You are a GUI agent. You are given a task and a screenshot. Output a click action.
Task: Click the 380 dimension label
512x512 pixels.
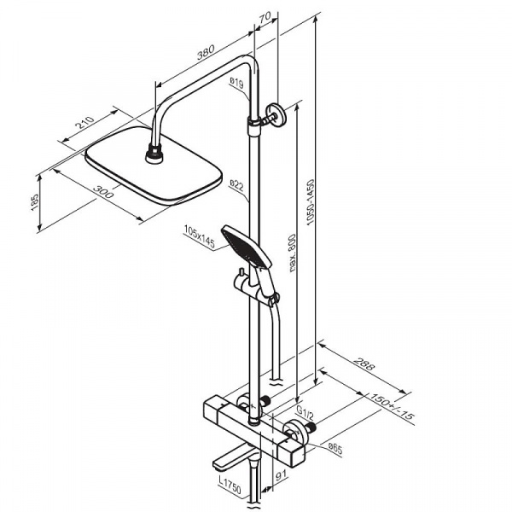[206, 53]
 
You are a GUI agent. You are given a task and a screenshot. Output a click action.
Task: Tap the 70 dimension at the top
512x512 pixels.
[265, 17]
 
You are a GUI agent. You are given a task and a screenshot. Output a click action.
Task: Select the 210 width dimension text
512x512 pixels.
[84, 123]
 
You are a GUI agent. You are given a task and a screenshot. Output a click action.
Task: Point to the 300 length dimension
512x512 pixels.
[103, 192]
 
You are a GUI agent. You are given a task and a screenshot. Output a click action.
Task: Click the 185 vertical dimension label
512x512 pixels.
[35, 202]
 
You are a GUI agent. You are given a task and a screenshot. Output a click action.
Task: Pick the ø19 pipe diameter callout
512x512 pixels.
[236, 83]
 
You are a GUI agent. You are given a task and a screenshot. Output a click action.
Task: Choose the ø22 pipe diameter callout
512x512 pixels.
[236, 185]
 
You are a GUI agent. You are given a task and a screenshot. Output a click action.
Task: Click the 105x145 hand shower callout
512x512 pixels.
[200, 236]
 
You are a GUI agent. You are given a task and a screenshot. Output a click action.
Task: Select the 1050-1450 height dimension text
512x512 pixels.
[311, 202]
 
